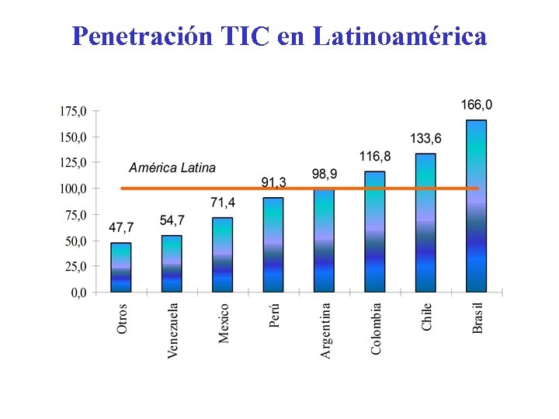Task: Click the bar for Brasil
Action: point(477,206)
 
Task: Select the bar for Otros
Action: point(121,267)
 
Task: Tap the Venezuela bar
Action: point(172,264)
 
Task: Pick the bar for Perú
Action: point(273,244)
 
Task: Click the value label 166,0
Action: point(477,105)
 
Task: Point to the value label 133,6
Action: point(425,139)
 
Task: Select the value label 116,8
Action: point(375,157)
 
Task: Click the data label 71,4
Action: point(223,203)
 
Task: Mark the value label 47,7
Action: point(121,227)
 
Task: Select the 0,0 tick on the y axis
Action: point(79,293)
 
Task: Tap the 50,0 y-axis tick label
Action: point(76,241)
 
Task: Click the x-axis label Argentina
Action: point(325,330)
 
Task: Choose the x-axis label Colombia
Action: point(376,328)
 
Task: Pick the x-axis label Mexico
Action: point(224,323)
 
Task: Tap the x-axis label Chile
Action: point(427,317)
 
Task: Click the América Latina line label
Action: point(172,168)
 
